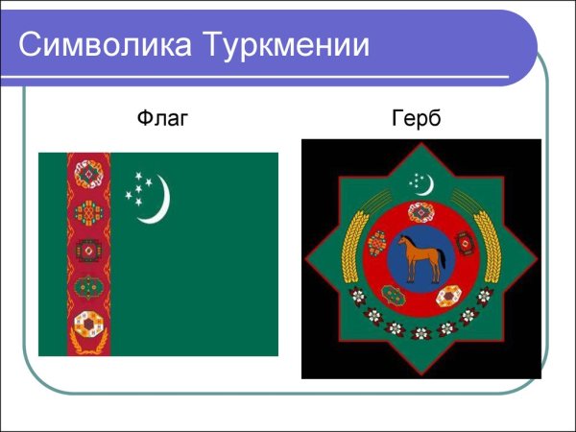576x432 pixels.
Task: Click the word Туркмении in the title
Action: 287,45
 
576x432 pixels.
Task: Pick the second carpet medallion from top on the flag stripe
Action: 89,212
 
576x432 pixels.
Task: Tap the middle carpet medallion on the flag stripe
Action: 89,250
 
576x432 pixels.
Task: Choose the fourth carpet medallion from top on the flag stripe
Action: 89,286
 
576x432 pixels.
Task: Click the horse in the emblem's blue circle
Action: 422,258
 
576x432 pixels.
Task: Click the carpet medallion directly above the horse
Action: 422,213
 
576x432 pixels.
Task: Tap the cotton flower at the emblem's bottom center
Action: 421,335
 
